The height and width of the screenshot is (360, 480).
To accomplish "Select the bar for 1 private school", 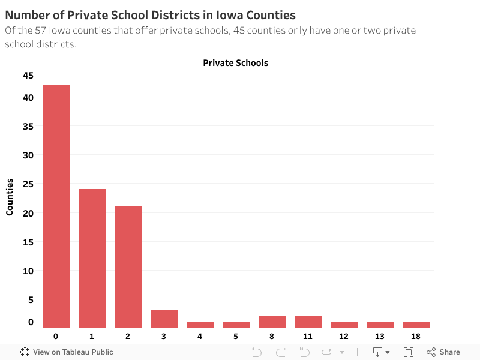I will pyautogui.click(x=92, y=258).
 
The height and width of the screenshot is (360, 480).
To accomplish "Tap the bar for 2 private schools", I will pyautogui.click(x=128, y=266).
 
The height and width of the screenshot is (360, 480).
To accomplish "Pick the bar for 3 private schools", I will pyautogui.click(x=164, y=319).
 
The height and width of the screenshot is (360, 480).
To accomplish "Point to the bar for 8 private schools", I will pyautogui.click(x=272, y=322).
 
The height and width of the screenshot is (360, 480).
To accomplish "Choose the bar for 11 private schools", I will pyautogui.click(x=308, y=322).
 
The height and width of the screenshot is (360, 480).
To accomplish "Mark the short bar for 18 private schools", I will pyautogui.click(x=416, y=325).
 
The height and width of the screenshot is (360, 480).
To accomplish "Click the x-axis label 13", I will pyautogui.click(x=380, y=335).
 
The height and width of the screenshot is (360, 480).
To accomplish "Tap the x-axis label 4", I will pyautogui.click(x=200, y=335).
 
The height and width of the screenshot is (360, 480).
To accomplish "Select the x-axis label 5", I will pyautogui.click(x=236, y=335).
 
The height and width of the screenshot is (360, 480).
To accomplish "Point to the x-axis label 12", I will pyautogui.click(x=344, y=335).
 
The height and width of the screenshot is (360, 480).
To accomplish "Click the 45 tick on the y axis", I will pyautogui.click(x=28, y=76).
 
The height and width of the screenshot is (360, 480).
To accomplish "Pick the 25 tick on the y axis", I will pyautogui.click(x=28, y=184).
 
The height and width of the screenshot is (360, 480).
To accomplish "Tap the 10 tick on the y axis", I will pyautogui.click(x=28, y=271).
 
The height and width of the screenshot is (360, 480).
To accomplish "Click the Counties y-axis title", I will pyautogui.click(x=10, y=197).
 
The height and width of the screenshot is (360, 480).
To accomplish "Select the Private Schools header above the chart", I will pyautogui.click(x=235, y=62).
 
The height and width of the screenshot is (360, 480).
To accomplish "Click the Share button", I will pyautogui.click(x=443, y=352).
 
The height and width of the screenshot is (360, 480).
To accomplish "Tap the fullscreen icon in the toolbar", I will pyautogui.click(x=409, y=352).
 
